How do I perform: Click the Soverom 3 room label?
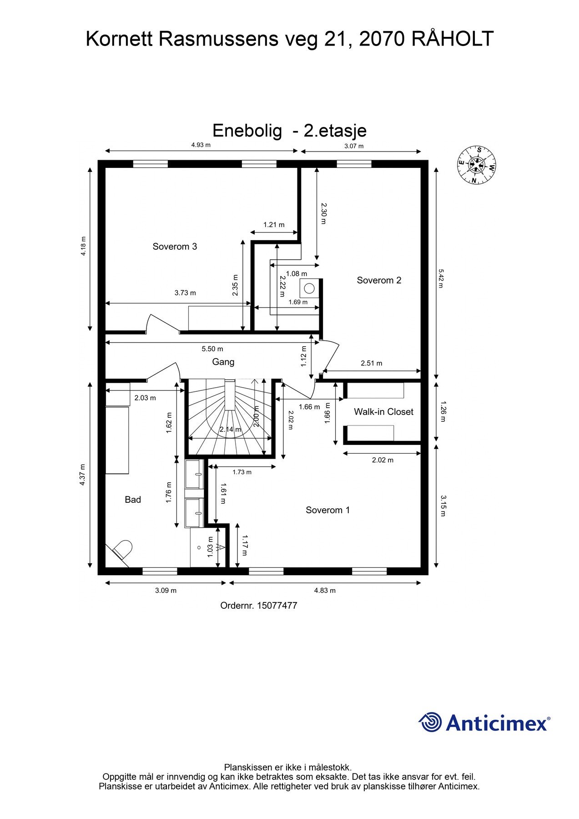pos(175,247)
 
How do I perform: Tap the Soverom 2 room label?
pos(379,280)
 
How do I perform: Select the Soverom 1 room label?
pos(327,510)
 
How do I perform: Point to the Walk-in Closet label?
pos(383,412)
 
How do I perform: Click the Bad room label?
pos(133,500)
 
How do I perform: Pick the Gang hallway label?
pos(223,362)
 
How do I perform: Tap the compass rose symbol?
pos(476,165)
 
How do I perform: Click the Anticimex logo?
pos(484,723)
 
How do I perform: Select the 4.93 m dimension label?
pos(201,145)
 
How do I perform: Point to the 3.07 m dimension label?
pos(354,146)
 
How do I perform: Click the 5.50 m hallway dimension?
pos(212,349)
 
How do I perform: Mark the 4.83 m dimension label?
pos(325,591)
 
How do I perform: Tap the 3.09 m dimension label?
pos(166,591)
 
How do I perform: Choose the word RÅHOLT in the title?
pos(453,39)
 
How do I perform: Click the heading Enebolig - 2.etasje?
pos(289,131)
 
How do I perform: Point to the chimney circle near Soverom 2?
pos(309,288)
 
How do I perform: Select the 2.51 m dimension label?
pos(371,363)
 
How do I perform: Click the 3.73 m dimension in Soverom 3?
pos(185,293)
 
